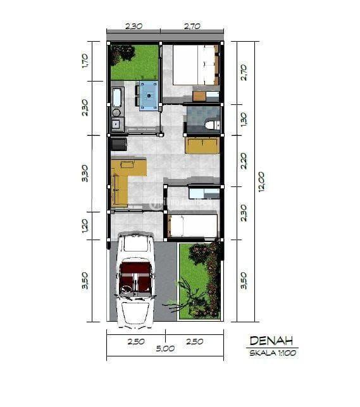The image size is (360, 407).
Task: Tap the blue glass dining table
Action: (150, 95)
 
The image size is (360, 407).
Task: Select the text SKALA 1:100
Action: (272, 353)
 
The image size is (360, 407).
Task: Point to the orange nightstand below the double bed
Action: (199, 96)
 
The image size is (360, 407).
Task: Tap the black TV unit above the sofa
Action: (118, 144)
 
